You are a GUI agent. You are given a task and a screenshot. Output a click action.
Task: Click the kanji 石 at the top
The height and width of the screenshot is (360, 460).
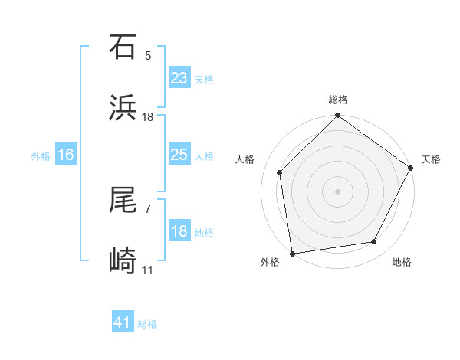point(123,47)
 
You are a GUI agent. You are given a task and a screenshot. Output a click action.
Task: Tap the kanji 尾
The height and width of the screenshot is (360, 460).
point(123,201)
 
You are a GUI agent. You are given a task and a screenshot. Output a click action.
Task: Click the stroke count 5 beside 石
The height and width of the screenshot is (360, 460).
point(148,55)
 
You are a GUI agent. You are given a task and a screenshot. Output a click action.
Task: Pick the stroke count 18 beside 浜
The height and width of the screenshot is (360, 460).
point(148,116)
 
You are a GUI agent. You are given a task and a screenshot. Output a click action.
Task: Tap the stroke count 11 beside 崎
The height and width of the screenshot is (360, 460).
point(148,270)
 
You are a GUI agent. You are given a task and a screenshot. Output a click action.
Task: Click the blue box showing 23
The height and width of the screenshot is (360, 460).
point(179,78)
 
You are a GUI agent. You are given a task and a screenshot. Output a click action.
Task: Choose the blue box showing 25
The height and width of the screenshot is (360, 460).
point(179,155)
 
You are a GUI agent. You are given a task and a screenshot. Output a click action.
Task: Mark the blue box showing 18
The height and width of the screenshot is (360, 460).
point(179,231)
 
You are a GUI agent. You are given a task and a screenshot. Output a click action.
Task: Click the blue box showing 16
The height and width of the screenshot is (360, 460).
point(66,155)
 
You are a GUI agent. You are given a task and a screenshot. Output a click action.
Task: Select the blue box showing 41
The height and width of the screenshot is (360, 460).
point(123,322)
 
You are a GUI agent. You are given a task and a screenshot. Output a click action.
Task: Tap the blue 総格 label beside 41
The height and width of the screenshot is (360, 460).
point(147,324)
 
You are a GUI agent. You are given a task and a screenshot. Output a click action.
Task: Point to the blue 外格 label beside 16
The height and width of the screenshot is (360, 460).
point(41,156)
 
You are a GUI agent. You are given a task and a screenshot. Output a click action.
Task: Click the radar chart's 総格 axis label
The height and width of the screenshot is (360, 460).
point(338,100)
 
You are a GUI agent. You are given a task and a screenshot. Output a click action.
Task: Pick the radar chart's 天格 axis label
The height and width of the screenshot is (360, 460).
point(431,159)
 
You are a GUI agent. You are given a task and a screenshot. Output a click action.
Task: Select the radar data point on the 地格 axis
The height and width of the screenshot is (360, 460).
point(374,241)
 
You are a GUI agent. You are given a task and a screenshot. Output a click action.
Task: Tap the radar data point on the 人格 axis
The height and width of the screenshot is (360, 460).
point(280,172)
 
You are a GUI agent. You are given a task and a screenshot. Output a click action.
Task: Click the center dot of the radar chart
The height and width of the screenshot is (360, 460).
point(338,191)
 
